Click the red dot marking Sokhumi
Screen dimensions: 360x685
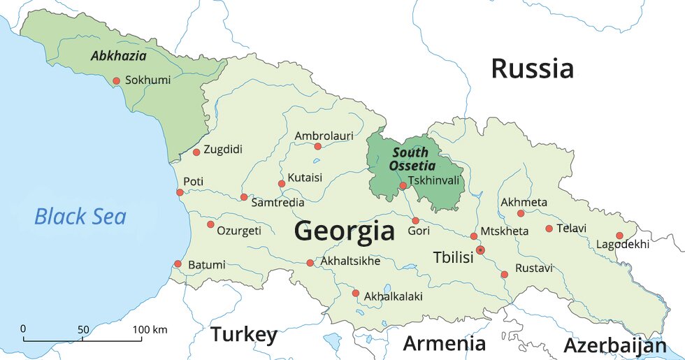[116, 80]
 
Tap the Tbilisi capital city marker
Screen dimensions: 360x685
[480, 250]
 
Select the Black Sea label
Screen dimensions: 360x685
[80, 217]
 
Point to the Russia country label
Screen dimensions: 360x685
[532, 69]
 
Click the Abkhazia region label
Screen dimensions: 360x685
[118, 56]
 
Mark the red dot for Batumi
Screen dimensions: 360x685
[178, 264]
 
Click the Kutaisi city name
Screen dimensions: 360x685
[305, 178]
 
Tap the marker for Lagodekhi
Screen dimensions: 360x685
[619, 236]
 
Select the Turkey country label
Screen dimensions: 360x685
[244, 335]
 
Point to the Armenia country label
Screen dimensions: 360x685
[444, 343]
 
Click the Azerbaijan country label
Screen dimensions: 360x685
[614, 345]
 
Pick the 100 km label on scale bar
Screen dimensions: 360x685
[150, 329]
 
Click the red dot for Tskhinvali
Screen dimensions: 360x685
[403, 185]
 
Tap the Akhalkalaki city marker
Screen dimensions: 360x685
[355, 293]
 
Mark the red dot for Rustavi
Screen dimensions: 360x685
[504, 274]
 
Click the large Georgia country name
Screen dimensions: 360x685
[345, 230]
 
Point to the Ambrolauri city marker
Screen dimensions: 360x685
[317, 146]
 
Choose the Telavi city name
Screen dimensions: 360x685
[571, 228]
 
